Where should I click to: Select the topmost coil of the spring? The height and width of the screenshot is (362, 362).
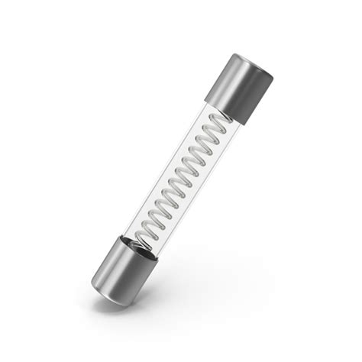(x=221, y=121)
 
